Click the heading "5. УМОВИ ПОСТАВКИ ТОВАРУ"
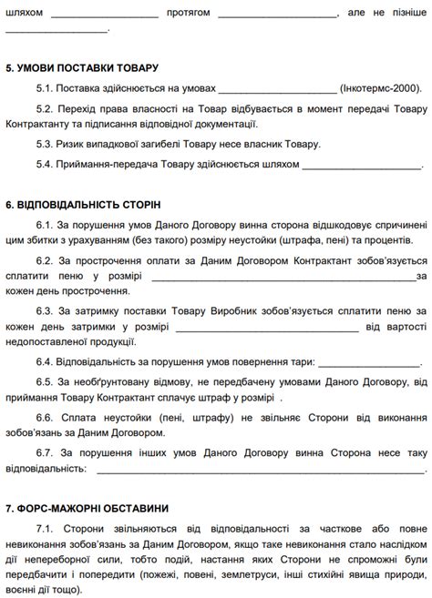click(82, 68)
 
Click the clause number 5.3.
click(45, 144)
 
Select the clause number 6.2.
click(45, 259)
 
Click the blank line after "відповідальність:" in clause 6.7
click(259, 471)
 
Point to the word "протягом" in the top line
click(189, 14)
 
